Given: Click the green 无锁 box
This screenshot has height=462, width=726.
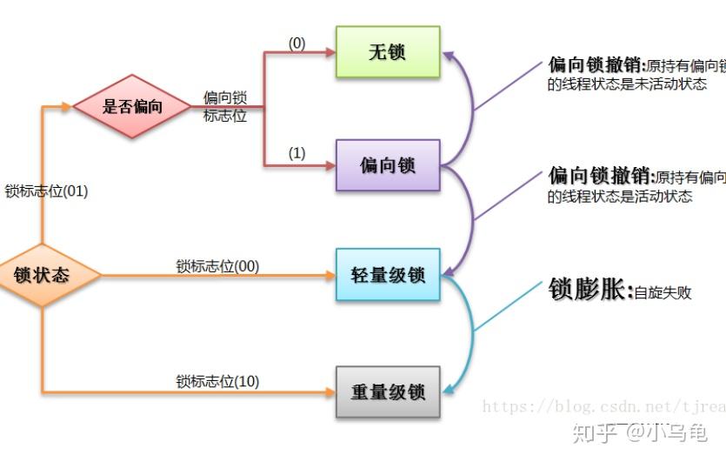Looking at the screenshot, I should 388,52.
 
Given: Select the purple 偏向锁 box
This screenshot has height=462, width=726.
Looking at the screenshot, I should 388,164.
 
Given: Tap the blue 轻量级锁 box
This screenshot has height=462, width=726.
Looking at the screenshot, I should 388,275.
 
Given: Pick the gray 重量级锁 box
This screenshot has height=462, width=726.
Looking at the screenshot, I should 388,392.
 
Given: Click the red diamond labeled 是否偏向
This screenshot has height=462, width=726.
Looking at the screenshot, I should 132,107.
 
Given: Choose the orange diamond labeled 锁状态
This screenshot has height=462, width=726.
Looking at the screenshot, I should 42,276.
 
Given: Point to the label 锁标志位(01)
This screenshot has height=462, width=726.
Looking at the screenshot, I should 46,191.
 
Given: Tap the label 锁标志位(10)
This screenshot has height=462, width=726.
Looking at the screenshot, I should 217,381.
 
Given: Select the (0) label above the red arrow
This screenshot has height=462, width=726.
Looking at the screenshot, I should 296,43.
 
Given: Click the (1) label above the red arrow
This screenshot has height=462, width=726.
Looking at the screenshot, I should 296,153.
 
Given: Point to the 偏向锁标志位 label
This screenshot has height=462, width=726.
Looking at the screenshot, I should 225,106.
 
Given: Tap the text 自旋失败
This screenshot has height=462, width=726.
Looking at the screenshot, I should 663,292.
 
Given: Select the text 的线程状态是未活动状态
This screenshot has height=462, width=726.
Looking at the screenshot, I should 627,84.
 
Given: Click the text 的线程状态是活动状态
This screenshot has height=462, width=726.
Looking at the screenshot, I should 620,197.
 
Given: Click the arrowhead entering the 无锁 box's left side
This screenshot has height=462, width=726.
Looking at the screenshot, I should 330,52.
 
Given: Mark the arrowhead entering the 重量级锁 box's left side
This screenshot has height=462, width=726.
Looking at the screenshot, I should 330,392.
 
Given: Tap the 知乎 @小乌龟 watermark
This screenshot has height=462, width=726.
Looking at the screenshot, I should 643,431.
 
